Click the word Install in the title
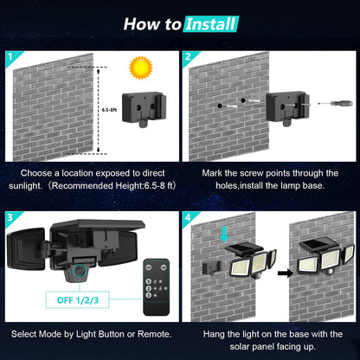(x=210, y=22)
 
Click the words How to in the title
(x=151, y=22)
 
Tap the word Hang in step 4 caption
(x=216, y=333)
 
